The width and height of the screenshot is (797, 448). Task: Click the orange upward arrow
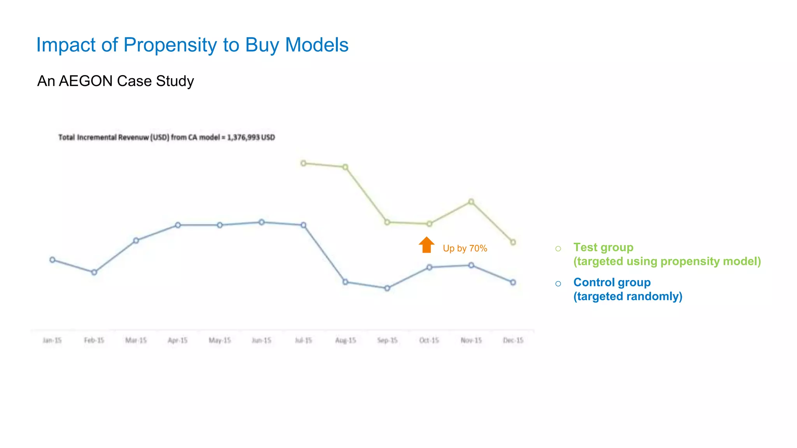coord(427,245)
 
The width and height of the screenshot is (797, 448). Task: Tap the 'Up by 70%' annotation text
coord(465,248)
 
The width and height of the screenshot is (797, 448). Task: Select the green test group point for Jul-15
coord(304,163)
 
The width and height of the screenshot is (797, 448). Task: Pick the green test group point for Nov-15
coord(471,201)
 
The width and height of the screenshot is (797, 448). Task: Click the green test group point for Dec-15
coord(513,242)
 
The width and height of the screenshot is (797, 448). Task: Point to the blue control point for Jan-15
coord(53,260)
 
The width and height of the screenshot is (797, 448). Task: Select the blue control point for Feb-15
coord(94,272)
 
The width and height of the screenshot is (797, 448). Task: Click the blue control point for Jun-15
coord(262,222)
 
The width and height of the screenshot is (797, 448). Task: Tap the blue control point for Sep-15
coord(387,288)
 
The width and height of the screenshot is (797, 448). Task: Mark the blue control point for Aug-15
coord(345,282)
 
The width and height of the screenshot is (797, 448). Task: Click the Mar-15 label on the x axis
coord(136,340)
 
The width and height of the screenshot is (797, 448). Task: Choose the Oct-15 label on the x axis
coord(429,340)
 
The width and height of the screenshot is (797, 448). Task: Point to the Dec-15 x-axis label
coord(513,340)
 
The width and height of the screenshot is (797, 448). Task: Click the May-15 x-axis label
coord(219,340)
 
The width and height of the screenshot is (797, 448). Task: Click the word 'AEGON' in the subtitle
coord(86,81)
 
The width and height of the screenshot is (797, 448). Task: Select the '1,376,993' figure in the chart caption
coord(243,137)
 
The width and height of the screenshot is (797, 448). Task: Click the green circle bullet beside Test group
coord(558,248)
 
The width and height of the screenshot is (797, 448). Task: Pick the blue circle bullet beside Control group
coord(558,283)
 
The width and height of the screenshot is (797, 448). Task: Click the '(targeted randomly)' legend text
coord(628,296)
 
